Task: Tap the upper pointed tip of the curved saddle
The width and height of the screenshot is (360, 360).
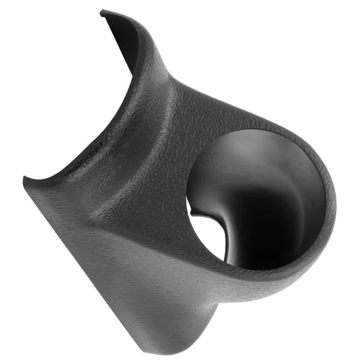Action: [x=102, y=11]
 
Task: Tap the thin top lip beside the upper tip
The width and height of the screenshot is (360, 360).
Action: [x=135, y=20]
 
